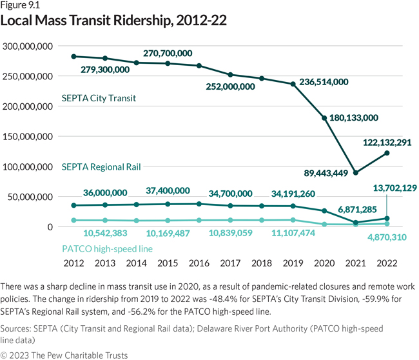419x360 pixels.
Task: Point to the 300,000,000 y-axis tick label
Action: click(x=27, y=46)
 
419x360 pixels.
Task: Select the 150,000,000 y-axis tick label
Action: click(x=27, y=137)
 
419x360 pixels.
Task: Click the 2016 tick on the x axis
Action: click(x=199, y=263)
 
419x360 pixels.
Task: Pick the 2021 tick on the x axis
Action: click(x=355, y=263)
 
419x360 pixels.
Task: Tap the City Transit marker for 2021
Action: click(x=355, y=172)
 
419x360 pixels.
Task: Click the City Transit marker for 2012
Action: click(x=73, y=57)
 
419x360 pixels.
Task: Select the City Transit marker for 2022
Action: click(x=387, y=153)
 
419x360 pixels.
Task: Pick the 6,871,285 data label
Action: click(x=340, y=210)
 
